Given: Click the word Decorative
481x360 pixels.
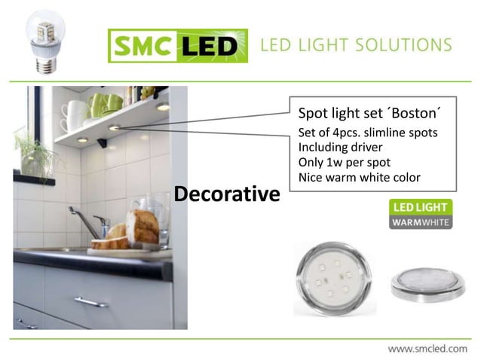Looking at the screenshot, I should (x=226, y=194).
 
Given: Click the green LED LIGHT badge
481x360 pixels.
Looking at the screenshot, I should (x=420, y=207).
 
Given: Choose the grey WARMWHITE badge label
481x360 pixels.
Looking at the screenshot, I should (x=420, y=222).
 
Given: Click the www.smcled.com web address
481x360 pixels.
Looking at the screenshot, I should (x=427, y=349).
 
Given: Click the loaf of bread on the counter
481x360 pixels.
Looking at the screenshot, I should (x=141, y=226).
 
